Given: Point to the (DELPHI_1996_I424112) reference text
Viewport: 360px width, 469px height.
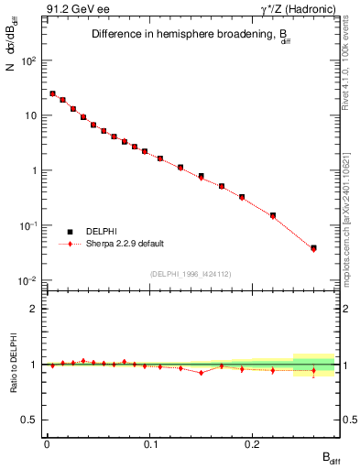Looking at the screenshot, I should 191,274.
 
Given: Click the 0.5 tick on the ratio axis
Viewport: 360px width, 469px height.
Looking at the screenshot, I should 32,420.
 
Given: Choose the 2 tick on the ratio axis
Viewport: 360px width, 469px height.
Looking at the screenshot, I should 36,309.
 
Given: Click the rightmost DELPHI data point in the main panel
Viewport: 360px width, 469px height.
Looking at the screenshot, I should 313,247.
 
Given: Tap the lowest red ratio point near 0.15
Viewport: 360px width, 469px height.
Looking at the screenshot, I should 201,373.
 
